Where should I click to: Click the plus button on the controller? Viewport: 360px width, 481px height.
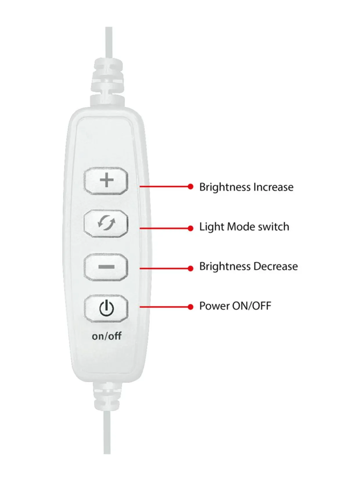[106, 181]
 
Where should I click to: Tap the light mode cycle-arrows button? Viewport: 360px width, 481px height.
[106, 223]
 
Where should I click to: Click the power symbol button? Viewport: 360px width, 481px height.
[106, 308]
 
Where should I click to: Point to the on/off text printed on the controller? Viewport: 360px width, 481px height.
[107, 336]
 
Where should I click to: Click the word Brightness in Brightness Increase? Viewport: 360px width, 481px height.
[225, 187]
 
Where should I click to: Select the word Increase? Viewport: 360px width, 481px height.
[273, 187]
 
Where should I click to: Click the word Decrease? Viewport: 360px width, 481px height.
[276, 266]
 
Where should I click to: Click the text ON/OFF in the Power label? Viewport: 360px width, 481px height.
[252, 306]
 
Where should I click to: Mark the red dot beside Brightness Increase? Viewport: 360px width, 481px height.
[190, 186]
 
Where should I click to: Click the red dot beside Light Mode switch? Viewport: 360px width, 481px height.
[190, 228]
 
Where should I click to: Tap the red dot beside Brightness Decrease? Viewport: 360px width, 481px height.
[190, 268]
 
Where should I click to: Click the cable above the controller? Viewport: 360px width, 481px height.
[109, 42]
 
